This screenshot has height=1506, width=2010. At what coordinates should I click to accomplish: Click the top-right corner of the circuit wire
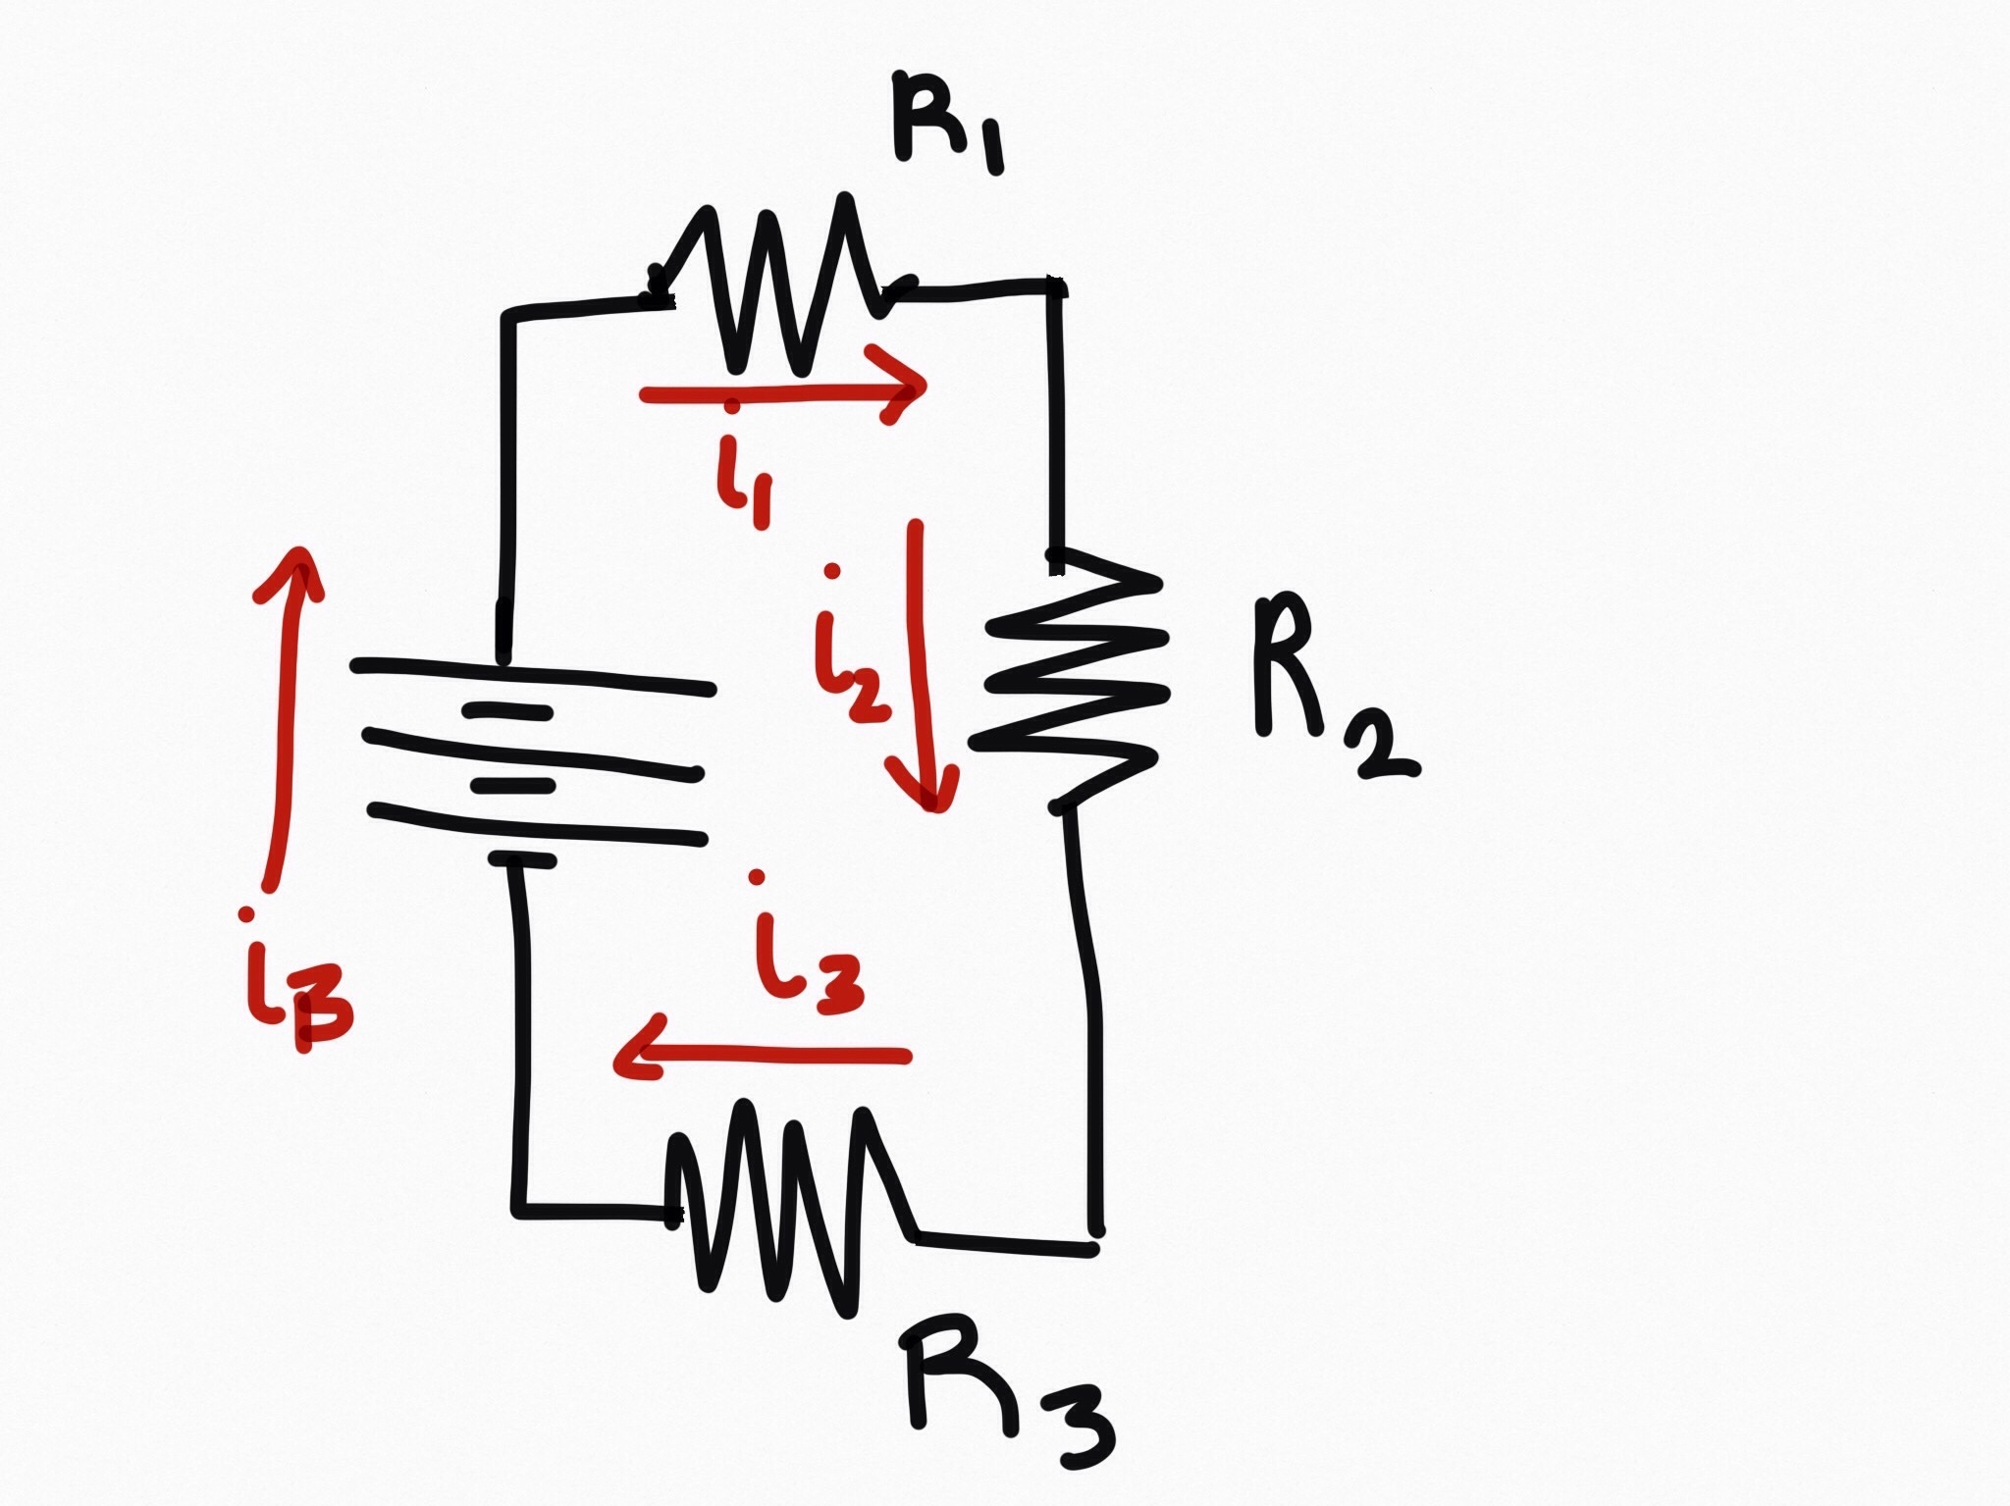pos(1056,287)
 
